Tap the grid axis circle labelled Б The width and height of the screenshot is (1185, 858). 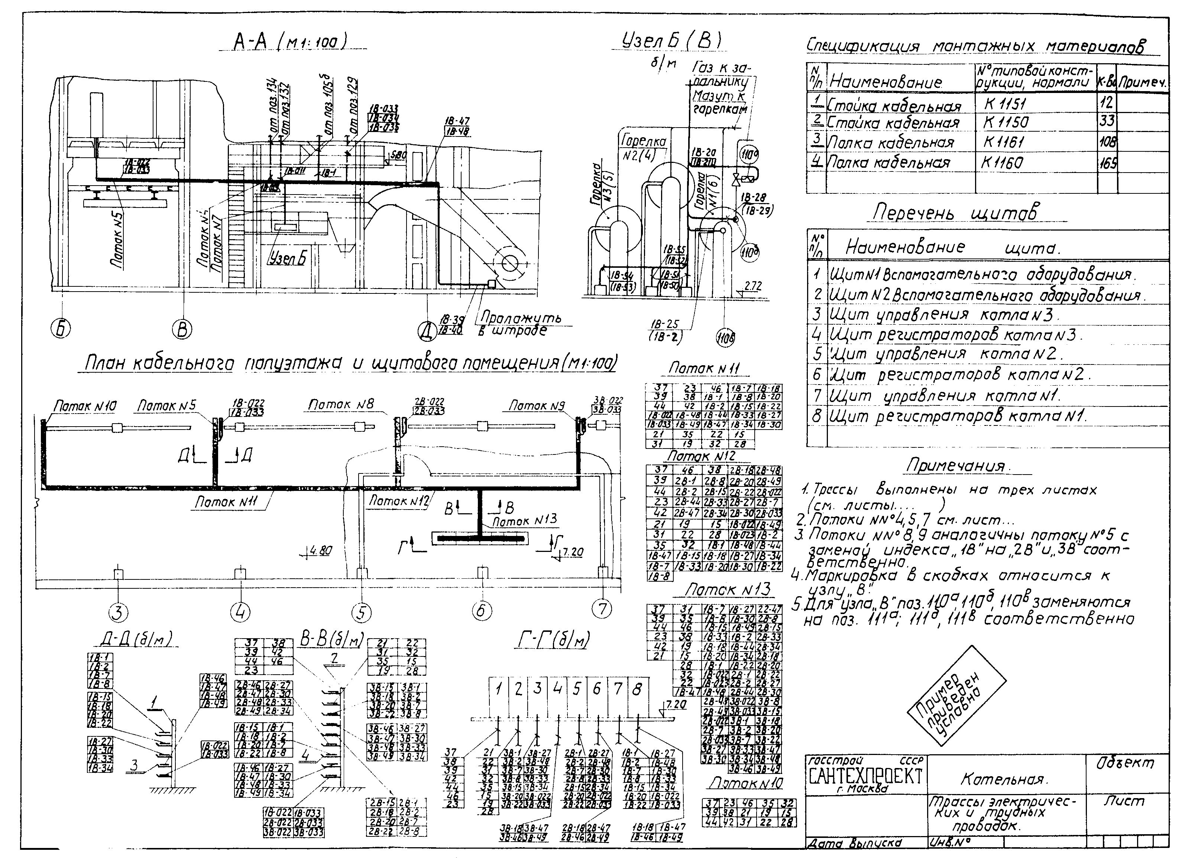click(61, 329)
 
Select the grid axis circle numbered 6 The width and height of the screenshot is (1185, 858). click(481, 611)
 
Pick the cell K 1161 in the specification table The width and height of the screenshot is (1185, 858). click(1004, 142)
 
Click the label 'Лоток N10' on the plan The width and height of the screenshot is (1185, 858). click(85, 406)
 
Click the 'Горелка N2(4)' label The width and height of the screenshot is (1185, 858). click(644, 147)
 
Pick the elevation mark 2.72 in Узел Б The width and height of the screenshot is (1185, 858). click(753, 286)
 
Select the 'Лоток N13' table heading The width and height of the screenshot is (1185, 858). click(727, 590)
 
